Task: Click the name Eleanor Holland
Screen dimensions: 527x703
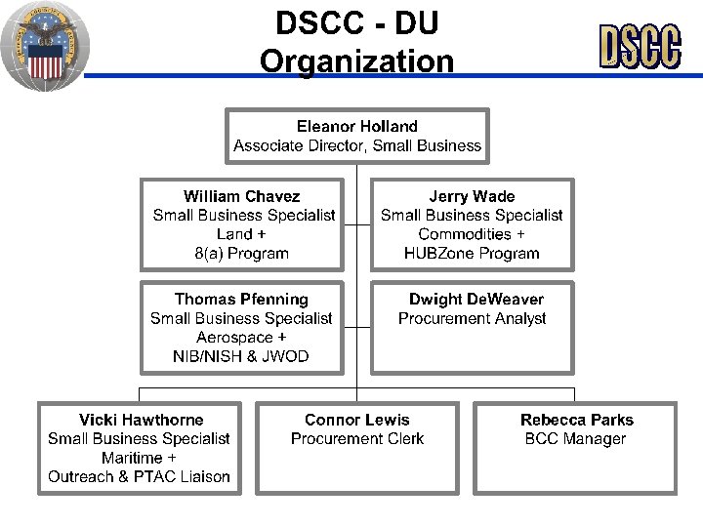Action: click(357, 127)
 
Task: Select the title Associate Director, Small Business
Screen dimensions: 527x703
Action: click(357, 146)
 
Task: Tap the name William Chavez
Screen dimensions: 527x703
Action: click(242, 196)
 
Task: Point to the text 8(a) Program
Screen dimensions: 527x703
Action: click(242, 254)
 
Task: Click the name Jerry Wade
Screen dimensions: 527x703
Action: click(472, 196)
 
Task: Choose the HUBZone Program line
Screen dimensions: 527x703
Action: click(472, 254)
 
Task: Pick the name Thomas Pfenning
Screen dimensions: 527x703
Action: click(241, 300)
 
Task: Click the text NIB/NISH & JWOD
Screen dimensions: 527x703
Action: click(241, 357)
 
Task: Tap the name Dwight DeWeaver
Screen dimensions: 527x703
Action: click(476, 300)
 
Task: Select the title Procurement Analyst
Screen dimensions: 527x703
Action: click(473, 319)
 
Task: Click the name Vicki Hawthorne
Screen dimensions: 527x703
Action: click(142, 420)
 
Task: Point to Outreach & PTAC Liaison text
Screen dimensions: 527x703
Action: click(140, 477)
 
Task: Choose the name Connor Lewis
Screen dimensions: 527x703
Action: click(357, 420)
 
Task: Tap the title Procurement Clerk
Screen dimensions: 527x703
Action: click(357, 439)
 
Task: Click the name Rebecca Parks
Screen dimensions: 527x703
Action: click(577, 420)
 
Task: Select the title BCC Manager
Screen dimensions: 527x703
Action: click(576, 439)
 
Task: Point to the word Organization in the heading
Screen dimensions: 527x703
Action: click(357, 62)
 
